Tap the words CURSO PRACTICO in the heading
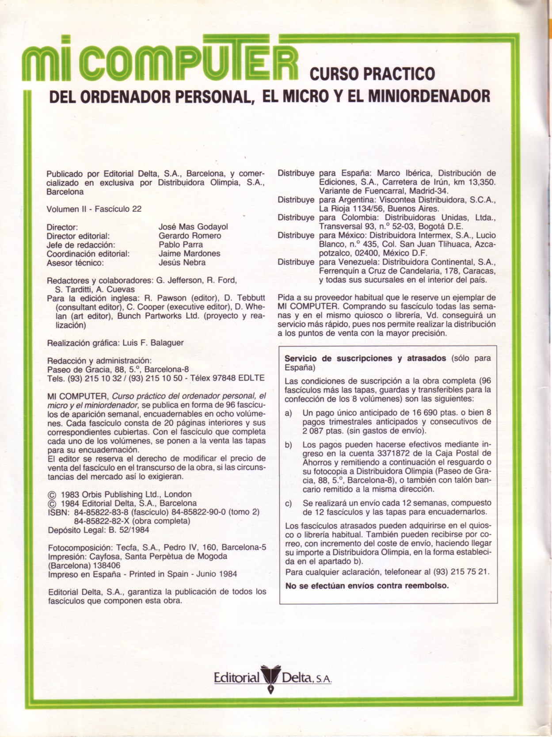click(372, 73)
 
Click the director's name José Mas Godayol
click(193, 227)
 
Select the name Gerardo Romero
click(190, 236)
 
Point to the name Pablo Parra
click(181, 244)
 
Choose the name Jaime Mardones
click(189, 253)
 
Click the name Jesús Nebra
click(182, 262)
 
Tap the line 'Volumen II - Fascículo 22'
click(94, 209)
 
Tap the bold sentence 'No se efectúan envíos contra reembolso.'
click(367, 586)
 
